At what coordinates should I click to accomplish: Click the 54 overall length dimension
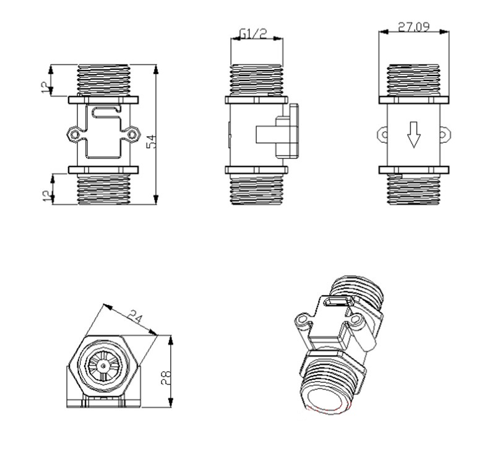tap(152, 142)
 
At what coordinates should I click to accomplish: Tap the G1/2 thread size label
tap(253, 34)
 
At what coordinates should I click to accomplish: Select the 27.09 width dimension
tap(414, 27)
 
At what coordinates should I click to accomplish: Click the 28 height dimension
tap(166, 377)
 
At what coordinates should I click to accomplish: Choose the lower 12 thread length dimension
tap(47, 195)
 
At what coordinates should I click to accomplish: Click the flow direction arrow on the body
tap(413, 135)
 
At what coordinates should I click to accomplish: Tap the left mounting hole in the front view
tap(74, 135)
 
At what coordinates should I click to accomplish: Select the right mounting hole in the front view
tap(132, 135)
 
